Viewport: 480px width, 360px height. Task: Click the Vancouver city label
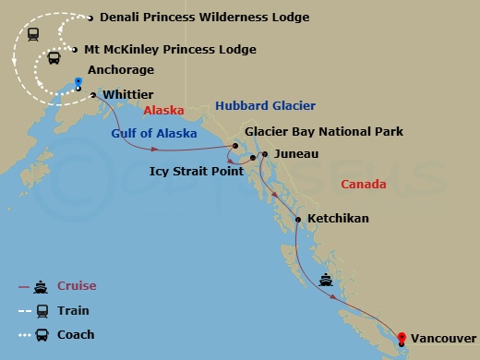coord(443,339)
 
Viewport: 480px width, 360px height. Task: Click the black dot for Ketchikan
coord(297,219)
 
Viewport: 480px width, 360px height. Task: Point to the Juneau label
coord(296,154)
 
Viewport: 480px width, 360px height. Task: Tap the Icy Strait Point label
coord(196,171)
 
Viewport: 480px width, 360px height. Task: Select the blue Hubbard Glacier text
coord(265,106)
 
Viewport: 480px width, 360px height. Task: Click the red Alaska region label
coord(164,110)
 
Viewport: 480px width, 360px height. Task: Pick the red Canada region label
coord(364,185)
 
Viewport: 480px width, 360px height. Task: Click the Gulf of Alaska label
coord(154,133)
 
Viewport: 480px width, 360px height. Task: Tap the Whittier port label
coord(128,94)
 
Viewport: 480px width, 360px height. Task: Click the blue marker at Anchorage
coord(78,82)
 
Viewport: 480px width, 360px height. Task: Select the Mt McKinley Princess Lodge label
coord(170,49)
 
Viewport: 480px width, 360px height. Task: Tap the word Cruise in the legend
coord(77,286)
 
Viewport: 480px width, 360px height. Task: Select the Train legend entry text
coord(74,310)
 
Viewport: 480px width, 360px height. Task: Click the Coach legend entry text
coord(76,334)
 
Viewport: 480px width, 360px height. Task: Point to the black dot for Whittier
coord(94,94)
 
